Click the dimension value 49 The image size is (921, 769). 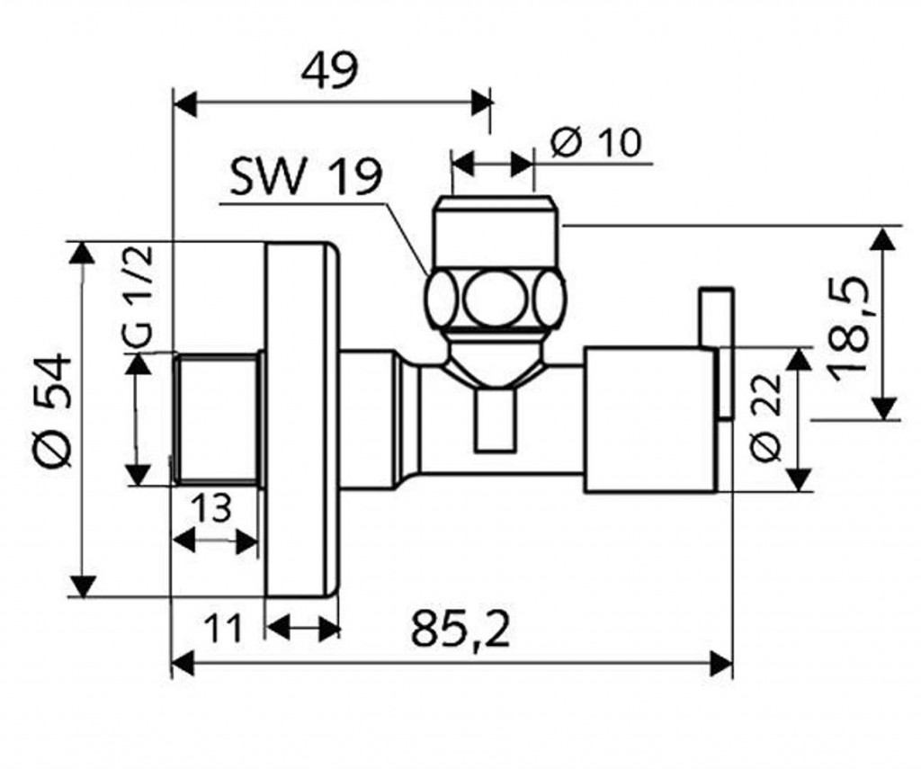point(330,69)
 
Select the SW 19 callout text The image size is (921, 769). point(306,178)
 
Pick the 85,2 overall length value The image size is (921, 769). point(460,630)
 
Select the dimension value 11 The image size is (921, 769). point(221,627)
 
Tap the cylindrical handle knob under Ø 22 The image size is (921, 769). point(649,419)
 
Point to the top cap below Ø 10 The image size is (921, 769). point(497,230)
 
